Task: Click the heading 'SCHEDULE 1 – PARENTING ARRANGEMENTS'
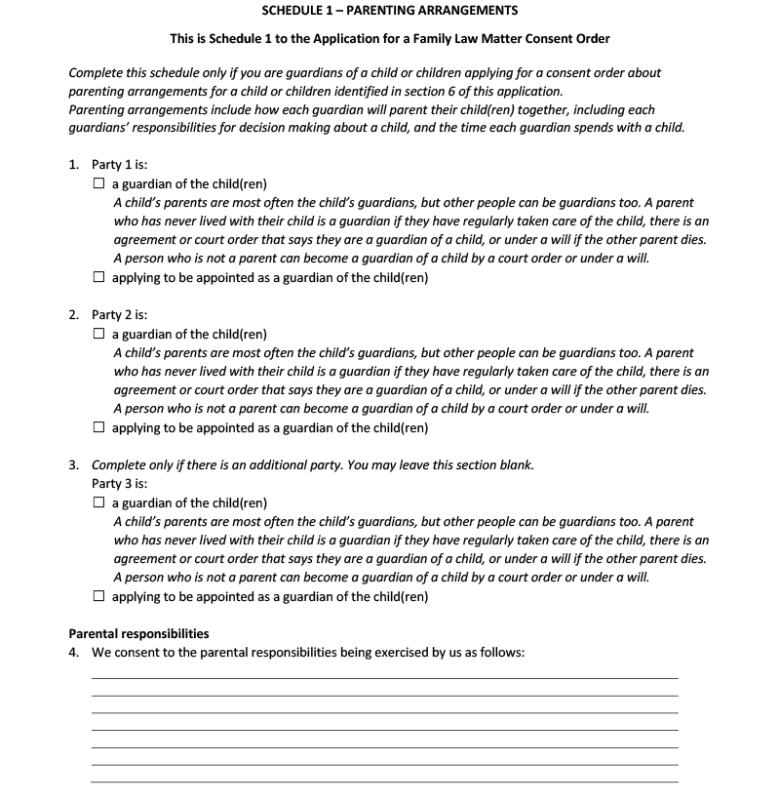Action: [x=390, y=11]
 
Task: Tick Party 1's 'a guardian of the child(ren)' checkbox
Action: [x=98, y=184]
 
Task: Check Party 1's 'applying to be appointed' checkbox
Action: [x=98, y=277]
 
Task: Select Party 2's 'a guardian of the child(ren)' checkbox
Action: [x=98, y=334]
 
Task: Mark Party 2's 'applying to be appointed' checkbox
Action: [x=98, y=427]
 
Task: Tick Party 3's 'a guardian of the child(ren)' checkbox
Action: [x=98, y=503]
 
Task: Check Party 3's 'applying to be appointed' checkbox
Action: [x=98, y=596]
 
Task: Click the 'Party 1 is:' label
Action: [x=119, y=165]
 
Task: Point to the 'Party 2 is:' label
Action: [x=119, y=315]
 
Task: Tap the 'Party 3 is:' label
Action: [x=119, y=484]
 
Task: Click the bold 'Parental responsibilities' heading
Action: [x=138, y=634]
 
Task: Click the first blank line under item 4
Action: [x=384, y=677]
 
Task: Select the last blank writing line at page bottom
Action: [x=384, y=782]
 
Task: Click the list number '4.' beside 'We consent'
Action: [x=75, y=653]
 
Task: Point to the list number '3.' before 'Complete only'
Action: [x=75, y=465]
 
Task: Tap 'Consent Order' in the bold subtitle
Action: [x=568, y=40]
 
